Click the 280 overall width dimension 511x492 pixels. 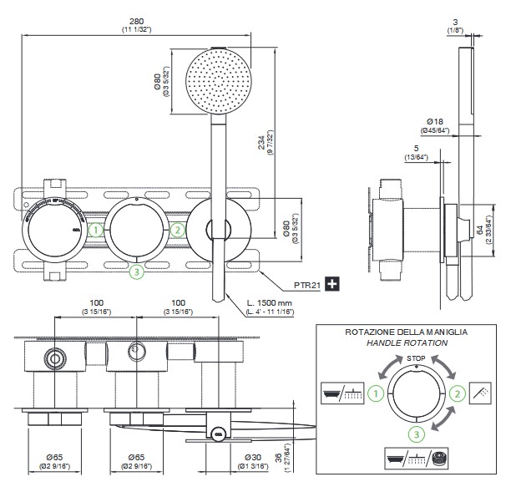pos(135,23)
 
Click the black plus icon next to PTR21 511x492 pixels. pos(332,284)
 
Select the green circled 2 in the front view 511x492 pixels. pos(176,229)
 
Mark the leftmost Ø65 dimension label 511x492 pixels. pos(54,456)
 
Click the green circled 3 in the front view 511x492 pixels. pos(137,270)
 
